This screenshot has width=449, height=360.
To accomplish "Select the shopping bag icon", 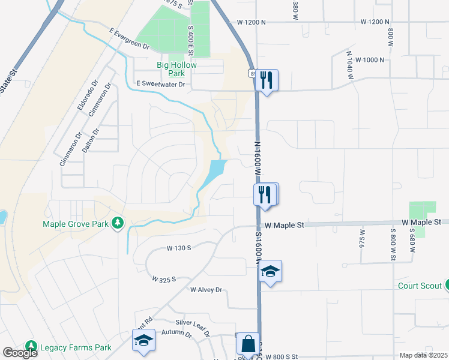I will [x=248, y=345].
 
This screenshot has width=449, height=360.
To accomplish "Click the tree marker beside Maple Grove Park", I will [x=118, y=224].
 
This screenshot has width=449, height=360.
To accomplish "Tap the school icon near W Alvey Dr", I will [x=270, y=272].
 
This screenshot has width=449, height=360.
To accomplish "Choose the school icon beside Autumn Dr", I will [x=143, y=341].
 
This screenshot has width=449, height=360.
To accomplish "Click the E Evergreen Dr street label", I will [x=129, y=38].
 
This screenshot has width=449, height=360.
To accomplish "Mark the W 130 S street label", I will [x=179, y=247].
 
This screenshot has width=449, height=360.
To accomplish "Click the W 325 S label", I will [x=164, y=280].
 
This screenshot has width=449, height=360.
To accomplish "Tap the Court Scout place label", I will [x=420, y=286].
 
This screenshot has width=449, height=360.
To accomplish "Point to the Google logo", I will [x=20, y=353].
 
